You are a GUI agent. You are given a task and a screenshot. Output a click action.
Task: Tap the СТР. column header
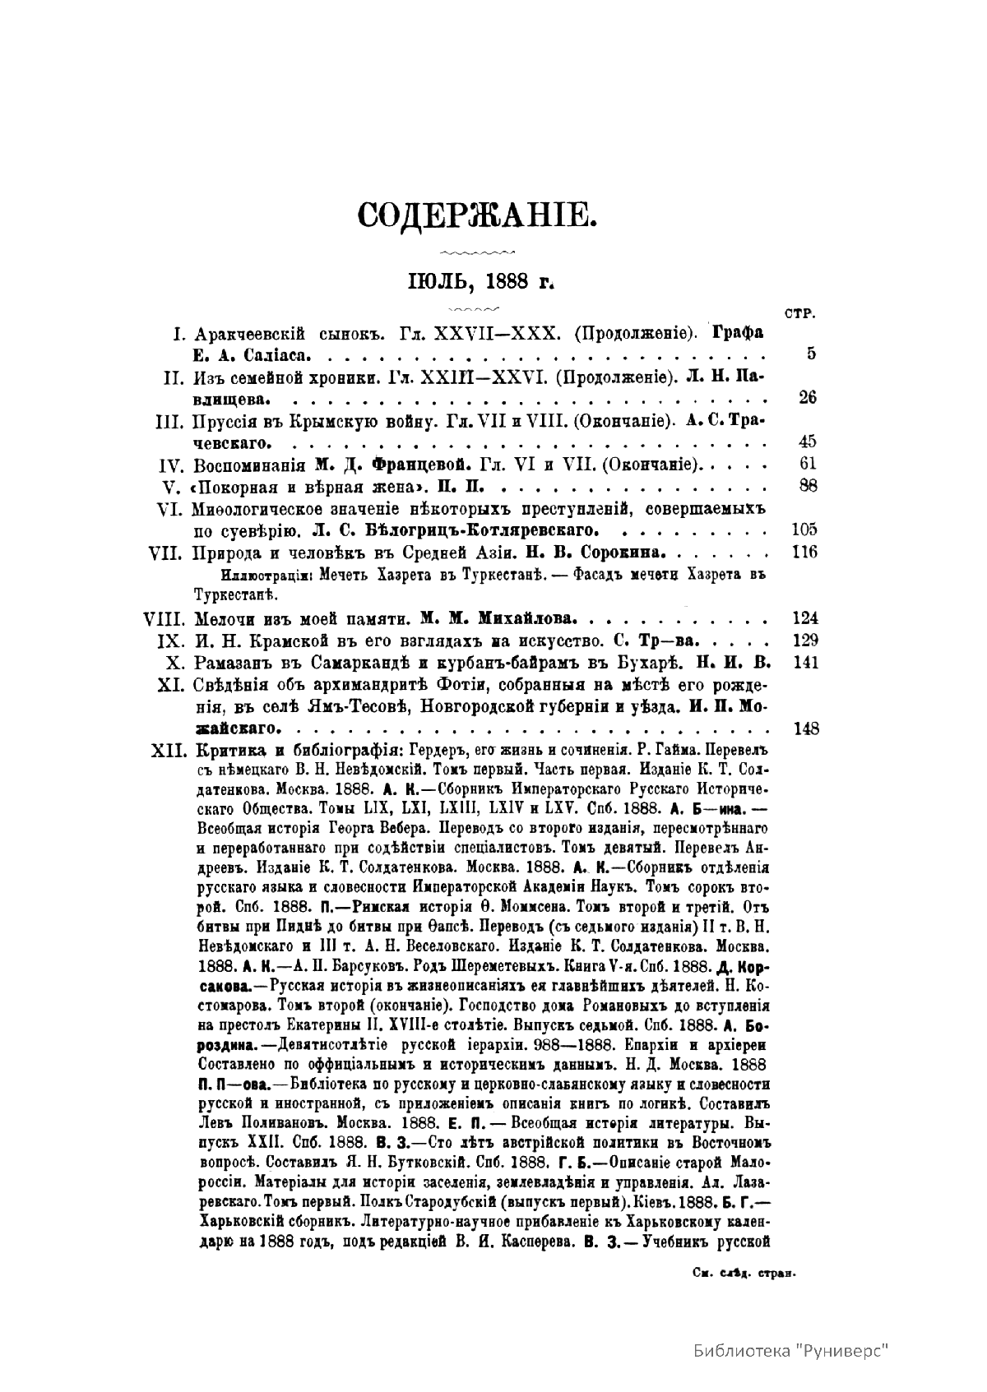coord(800,313)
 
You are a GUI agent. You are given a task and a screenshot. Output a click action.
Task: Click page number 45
coord(807,442)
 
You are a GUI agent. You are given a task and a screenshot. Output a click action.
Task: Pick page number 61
coord(807,464)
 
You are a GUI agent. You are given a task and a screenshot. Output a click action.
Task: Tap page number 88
coord(807,485)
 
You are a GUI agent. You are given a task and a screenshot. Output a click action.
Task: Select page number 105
coord(803,529)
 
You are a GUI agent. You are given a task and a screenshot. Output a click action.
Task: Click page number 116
coord(803,551)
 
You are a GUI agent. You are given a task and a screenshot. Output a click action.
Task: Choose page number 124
coord(803,617)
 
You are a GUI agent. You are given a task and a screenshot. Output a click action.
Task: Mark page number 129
coord(803,639)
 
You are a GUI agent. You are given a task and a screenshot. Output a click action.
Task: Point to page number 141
coord(803,661)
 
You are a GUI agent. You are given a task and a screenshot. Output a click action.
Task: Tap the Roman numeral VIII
coord(164,617)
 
